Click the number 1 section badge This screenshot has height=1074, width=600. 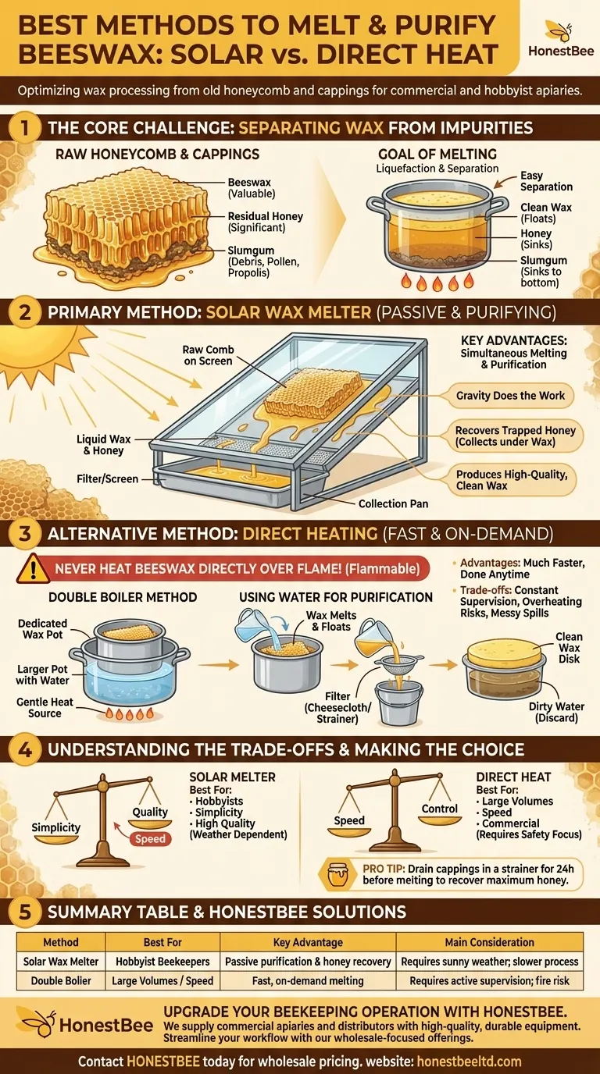coord(24,127)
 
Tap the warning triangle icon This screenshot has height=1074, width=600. coord(33,568)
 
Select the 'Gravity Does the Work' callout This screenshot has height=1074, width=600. coord(510,396)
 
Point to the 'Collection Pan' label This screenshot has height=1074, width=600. coord(393,503)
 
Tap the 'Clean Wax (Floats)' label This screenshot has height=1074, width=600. coord(546,213)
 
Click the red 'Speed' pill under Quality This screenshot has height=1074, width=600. coord(150,838)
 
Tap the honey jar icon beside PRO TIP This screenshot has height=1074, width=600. coord(337,874)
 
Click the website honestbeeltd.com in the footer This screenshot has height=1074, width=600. coord(469,1061)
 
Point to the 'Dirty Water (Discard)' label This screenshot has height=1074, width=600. coord(556,712)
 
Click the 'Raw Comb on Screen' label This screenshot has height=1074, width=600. coord(208,355)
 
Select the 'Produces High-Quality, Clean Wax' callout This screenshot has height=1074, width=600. coord(512,480)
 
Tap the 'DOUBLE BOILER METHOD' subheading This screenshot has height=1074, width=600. coord(123,597)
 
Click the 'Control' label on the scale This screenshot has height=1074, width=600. coord(439,809)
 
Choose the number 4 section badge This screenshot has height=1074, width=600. coord(25,749)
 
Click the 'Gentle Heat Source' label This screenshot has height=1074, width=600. coord(45,707)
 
